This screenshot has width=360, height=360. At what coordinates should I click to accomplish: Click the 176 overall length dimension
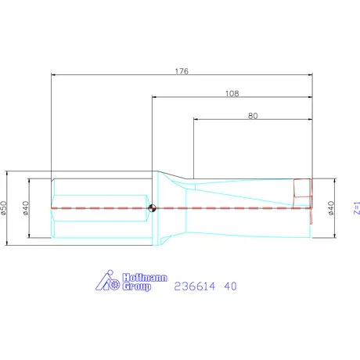[x=182, y=70]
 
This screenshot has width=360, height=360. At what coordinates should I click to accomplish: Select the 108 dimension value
[x=232, y=92]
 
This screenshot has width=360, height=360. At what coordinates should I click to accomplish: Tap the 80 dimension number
[x=253, y=115]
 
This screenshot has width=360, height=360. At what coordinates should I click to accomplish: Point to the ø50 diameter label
[x=4, y=207]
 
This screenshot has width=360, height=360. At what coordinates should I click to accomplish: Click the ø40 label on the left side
[x=26, y=207]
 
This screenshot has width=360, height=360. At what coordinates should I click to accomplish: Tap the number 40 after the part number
[x=231, y=286]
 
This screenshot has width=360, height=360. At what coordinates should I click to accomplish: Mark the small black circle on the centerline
[x=152, y=208]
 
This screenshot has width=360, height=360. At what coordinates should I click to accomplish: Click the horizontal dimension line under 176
[x=117, y=76]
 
